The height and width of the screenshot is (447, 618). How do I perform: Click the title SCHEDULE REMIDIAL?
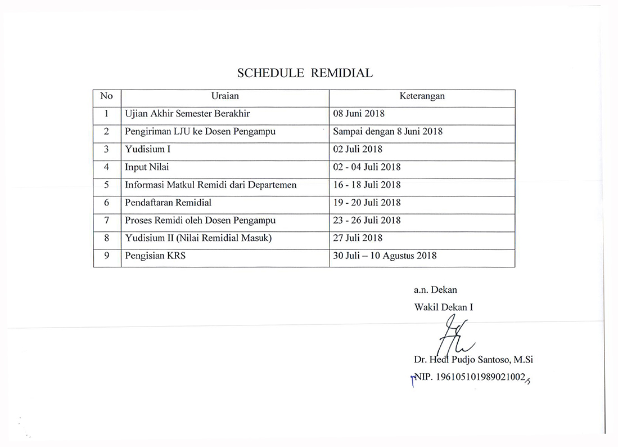point(305,73)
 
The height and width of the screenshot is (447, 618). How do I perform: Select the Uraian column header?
point(225,96)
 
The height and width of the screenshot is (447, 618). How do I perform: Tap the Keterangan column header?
point(422,96)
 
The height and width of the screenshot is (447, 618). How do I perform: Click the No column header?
point(106,96)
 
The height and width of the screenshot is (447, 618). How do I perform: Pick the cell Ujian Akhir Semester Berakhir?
point(187,114)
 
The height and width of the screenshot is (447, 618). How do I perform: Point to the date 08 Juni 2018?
point(359,114)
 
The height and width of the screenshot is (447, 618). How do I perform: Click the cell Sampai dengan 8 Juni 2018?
point(388,132)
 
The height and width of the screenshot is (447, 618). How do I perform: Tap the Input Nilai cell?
point(147,167)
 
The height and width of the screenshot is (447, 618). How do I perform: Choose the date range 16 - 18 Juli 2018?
point(367,185)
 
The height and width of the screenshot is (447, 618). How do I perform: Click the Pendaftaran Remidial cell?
point(168,203)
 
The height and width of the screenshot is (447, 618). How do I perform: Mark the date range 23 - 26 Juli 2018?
point(367,220)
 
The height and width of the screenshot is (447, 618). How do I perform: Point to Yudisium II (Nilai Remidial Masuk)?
point(199,238)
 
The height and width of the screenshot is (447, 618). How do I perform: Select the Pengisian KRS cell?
point(155,256)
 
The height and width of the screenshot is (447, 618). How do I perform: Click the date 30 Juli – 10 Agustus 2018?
point(385,256)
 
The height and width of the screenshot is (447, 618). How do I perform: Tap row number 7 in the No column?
point(106,220)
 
